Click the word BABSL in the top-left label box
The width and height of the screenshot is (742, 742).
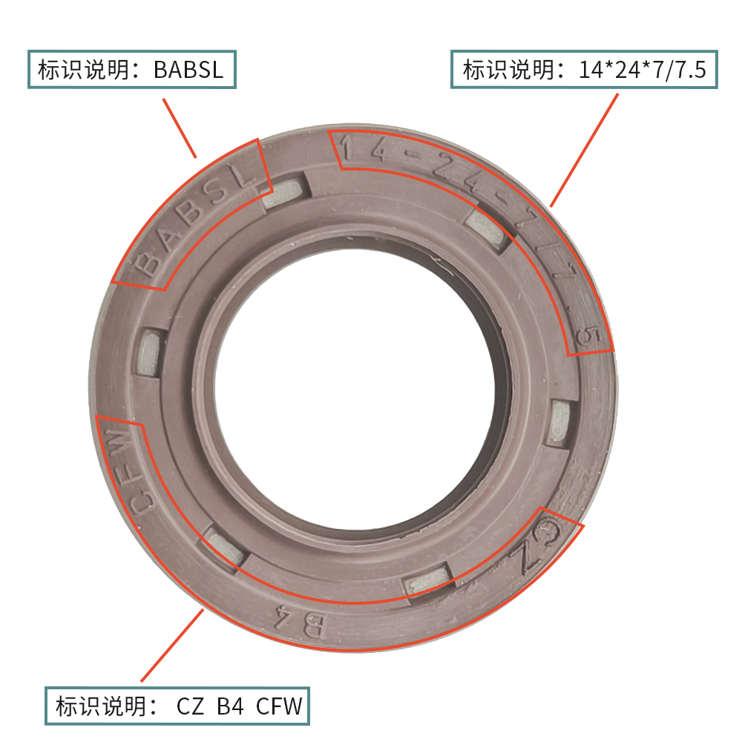[x=188, y=70]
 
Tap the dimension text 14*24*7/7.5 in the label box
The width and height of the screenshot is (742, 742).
[x=642, y=70]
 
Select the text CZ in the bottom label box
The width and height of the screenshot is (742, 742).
[x=190, y=706]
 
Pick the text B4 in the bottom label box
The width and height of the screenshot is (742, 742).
[x=231, y=706]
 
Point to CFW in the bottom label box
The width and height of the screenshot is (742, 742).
[x=279, y=706]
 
